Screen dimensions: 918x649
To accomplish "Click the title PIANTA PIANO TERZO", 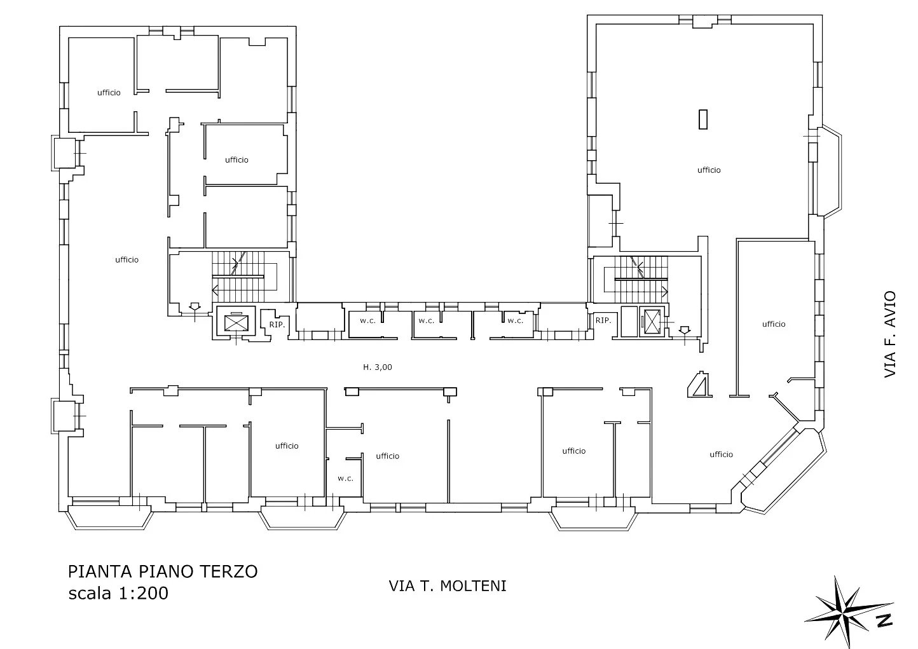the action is [163, 571].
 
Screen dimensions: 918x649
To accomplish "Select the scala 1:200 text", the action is [118, 593].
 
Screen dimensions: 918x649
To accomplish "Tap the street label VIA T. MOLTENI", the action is [448, 586].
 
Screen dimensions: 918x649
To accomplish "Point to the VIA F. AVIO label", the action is [890, 334].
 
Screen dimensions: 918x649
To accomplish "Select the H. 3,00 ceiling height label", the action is [378, 367].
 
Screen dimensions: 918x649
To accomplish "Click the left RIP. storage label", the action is [277, 324].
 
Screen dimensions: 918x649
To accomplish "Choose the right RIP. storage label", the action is [603, 320].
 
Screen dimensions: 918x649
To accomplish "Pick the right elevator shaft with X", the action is [652, 322].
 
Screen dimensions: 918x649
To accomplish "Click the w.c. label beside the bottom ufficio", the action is [345, 478].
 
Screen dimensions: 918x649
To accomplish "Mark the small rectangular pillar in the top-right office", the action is [703, 120].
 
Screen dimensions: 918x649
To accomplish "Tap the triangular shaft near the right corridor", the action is [700, 385].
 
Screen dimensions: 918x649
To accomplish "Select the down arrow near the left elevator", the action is [195, 307].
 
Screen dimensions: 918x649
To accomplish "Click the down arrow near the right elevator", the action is [685, 330].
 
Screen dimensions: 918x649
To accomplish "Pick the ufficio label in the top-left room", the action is [109, 93].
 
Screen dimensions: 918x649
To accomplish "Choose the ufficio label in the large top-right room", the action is [709, 170].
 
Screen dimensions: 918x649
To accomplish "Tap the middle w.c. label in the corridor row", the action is [426, 321].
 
